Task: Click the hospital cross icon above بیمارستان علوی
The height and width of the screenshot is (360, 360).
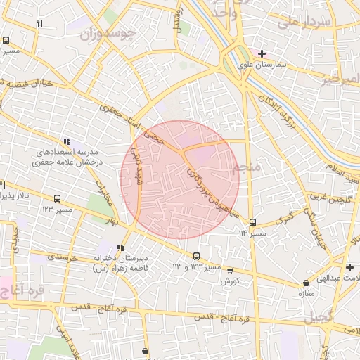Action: [x=262, y=53]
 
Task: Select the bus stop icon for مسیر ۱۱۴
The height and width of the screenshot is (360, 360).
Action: [x=252, y=223]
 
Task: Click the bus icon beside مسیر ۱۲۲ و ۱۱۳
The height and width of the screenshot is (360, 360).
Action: [x=196, y=256]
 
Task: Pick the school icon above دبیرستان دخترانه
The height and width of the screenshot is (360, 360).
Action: [x=121, y=247]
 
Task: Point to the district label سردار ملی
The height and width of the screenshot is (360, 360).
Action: [x=304, y=21]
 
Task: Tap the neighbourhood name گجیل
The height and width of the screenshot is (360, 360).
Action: [x=321, y=317]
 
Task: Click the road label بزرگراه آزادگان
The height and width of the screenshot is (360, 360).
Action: [x=278, y=108]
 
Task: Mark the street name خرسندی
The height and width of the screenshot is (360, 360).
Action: [x=66, y=257]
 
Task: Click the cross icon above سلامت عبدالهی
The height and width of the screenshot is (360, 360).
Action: [x=349, y=267]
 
